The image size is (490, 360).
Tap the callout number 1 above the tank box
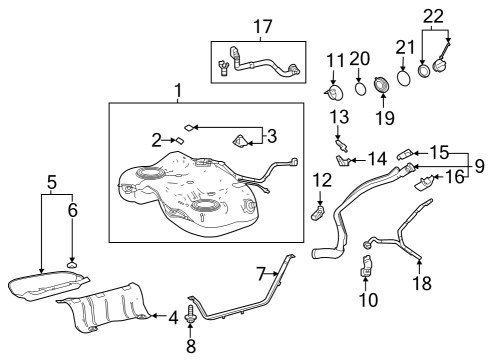click(178, 92)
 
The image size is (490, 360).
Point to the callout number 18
click(421, 283)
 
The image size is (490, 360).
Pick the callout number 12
click(320, 179)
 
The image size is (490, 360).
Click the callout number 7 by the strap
click(260, 273)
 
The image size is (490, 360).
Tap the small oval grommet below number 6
click(72, 263)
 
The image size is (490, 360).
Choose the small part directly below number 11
click(334, 93)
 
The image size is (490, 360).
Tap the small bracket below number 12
click(319, 209)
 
